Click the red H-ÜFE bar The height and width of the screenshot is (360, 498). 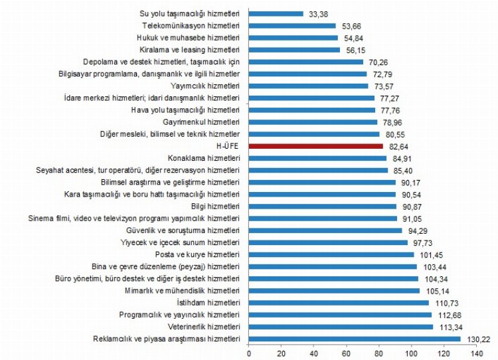pyautogui.click(x=316, y=145)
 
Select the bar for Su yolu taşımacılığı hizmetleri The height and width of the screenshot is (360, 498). pyautogui.click(x=276, y=13)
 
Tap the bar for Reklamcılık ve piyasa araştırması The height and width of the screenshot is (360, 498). pyautogui.click(x=355, y=339)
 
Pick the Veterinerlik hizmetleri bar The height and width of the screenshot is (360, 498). pyautogui.click(x=341, y=327)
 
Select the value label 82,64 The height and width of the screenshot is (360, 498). pyautogui.click(x=398, y=145)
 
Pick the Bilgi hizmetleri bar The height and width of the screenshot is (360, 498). pyautogui.click(x=323, y=206)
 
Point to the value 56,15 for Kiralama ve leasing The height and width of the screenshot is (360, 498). pyautogui.click(x=355, y=49)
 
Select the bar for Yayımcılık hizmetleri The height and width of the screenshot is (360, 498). pyautogui.click(x=309, y=86)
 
